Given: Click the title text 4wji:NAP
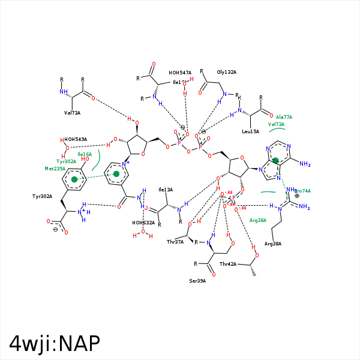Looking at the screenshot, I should (54, 343).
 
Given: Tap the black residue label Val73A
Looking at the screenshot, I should (72, 113).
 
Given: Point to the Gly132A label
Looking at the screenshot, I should (227, 72).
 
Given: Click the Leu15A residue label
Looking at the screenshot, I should (251, 131).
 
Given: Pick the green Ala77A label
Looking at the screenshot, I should (284, 117).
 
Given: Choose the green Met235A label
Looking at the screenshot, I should (55, 169).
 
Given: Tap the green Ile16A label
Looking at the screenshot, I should (85, 154).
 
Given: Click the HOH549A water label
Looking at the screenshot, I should (76, 139).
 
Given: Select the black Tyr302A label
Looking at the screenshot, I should (43, 196).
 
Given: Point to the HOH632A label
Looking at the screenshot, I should (143, 223).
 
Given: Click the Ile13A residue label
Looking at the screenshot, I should (165, 190).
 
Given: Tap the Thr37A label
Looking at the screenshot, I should (175, 242).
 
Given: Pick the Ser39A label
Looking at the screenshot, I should (197, 280).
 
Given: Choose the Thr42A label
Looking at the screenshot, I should (228, 264).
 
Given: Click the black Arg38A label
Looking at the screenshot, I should (272, 244).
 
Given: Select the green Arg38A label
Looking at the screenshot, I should (258, 220).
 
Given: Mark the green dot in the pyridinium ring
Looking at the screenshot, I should (116, 174).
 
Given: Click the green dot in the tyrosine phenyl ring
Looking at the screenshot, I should (74, 179).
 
